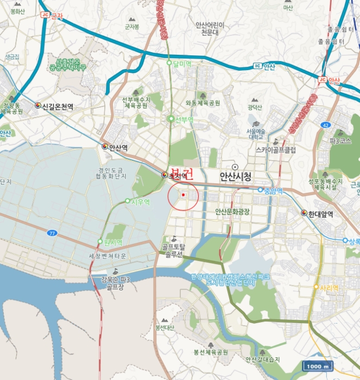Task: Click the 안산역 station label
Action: coord(118,147)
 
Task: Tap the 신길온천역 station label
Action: coord(57,106)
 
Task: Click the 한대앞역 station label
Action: coord(320,214)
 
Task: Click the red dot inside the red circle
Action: coord(184,194)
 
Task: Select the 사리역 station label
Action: coord(329,287)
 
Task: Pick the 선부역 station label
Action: coord(184,119)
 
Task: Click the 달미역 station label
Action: coord(182,64)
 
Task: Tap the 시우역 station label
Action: coord(140,201)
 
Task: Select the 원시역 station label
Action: coord(113,242)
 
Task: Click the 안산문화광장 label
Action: coord(232,212)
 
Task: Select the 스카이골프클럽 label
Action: coord(275,149)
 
